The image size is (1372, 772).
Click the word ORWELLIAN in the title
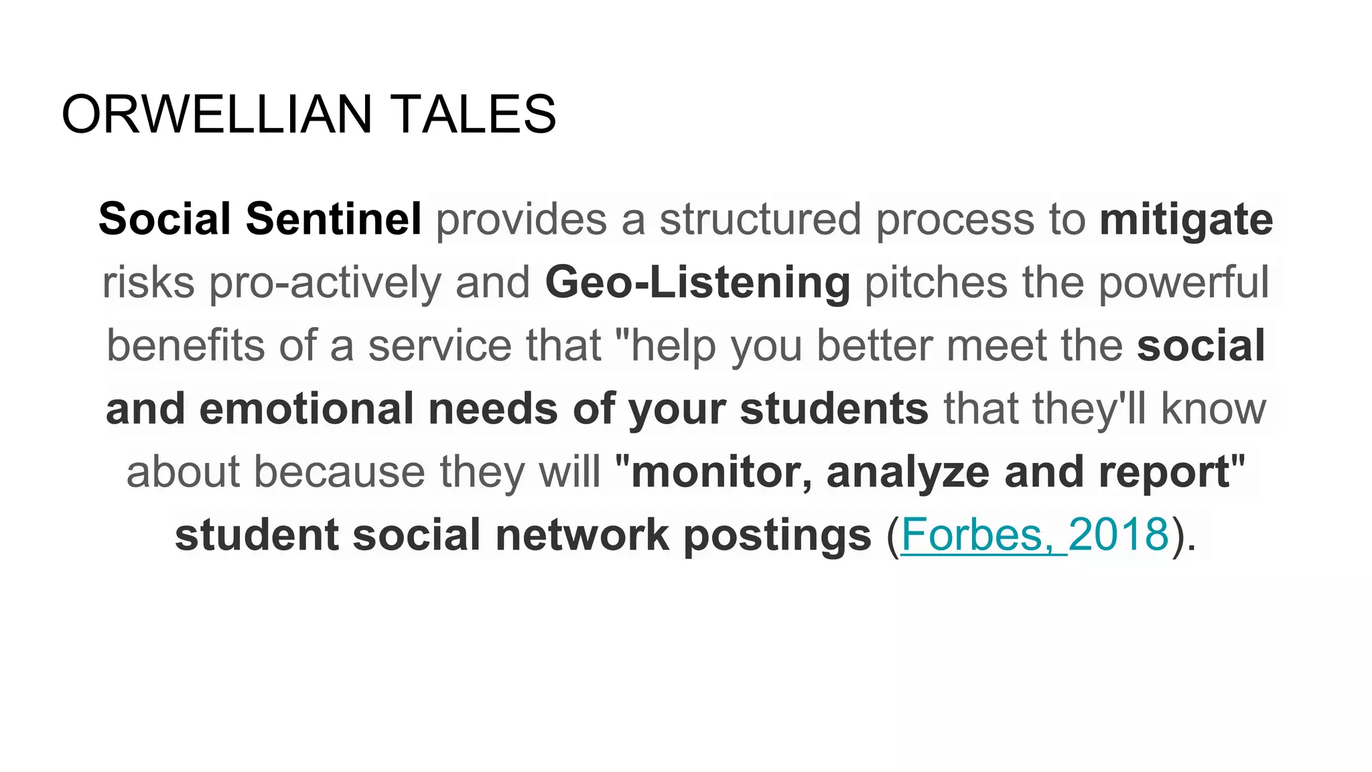tap(216, 115)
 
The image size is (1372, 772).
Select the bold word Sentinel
tap(334, 219)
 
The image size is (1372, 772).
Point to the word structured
tap(760, 219)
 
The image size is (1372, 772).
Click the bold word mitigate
tap(1186, 219)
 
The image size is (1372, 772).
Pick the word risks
tap(148, 282)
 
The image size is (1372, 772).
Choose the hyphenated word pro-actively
tap(324, 282)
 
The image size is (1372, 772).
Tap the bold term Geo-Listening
tap(697, 282)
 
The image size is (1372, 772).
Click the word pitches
tap(936, 282)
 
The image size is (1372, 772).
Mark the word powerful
tap(1183, 282)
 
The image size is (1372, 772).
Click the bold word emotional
tap(306, 409)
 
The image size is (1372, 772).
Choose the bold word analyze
tap(908, 472)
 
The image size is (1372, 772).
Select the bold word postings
tap(777, 535)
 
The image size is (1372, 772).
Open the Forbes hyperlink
tap(972, 535)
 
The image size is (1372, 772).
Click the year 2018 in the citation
tap(1118, 535)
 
